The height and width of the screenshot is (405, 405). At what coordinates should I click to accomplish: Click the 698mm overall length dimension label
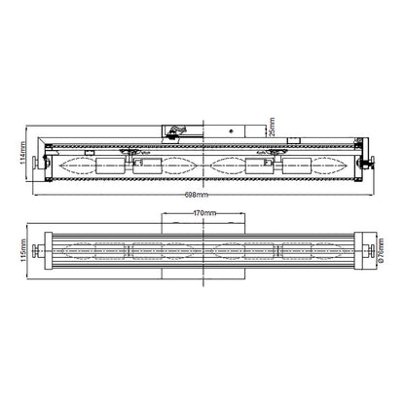pos(197,195)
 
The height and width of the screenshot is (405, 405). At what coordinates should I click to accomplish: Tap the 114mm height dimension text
pos(22,153)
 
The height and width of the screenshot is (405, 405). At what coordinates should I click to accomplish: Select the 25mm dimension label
pos(272,127)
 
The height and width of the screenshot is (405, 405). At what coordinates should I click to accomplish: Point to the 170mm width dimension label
pos(204,213)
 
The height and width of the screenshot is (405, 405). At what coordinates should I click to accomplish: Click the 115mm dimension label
pos(22,251)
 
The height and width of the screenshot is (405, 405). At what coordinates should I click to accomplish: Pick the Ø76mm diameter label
pos(381,250)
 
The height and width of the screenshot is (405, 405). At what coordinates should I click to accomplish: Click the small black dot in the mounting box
pos(231,131)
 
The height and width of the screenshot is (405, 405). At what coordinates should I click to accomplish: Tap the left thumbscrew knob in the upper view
pos(34,162)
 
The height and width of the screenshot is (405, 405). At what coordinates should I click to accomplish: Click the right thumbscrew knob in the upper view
pos(373,162)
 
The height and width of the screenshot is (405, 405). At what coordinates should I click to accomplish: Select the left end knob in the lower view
pos(34,250)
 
